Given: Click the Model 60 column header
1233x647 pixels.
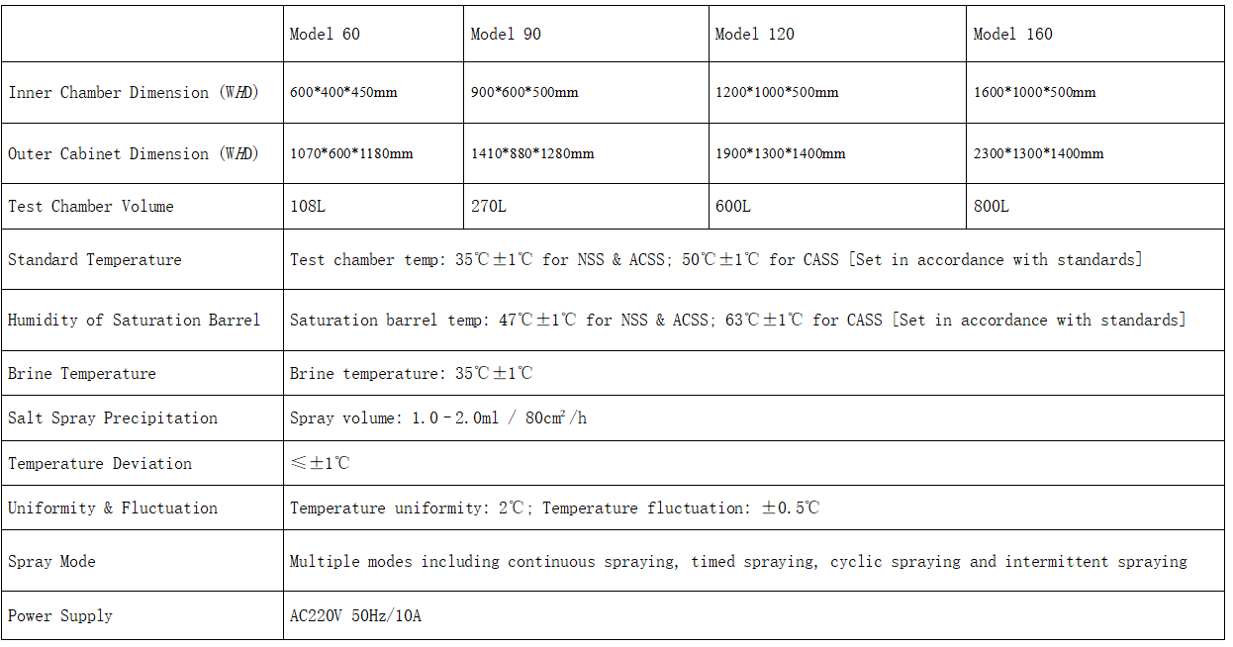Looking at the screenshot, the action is point(325,34).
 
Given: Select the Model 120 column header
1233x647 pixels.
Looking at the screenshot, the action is point(755,34).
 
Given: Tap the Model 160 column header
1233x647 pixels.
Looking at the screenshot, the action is point(1013,34).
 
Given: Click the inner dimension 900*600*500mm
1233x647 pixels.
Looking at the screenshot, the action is point(524,92).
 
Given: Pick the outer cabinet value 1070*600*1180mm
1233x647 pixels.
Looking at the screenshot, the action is point(351,153).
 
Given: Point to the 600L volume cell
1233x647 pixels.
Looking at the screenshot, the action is point(732,207).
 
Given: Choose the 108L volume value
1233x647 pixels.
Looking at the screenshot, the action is point(308,207).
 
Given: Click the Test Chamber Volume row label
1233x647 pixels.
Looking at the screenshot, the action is point(91,207).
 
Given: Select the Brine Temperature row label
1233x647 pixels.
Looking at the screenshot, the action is point(82,374).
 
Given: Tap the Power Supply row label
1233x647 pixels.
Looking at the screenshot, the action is point(60,615).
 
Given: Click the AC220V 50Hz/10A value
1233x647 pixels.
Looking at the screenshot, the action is point(355,615).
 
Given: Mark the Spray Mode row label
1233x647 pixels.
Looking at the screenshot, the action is point(51,561).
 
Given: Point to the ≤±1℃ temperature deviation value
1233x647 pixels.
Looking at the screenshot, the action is point(320,463).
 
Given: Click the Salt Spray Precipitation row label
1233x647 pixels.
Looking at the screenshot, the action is point(113,418).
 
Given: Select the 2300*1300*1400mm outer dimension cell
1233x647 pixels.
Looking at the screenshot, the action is point(1039,153).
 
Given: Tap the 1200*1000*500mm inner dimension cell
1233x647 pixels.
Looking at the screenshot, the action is point(777,92).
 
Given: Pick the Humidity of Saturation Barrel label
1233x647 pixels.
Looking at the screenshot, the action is point(134,321).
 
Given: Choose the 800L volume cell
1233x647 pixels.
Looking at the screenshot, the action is point(992,207).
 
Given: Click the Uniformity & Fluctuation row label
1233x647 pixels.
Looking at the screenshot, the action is point(113,508).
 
